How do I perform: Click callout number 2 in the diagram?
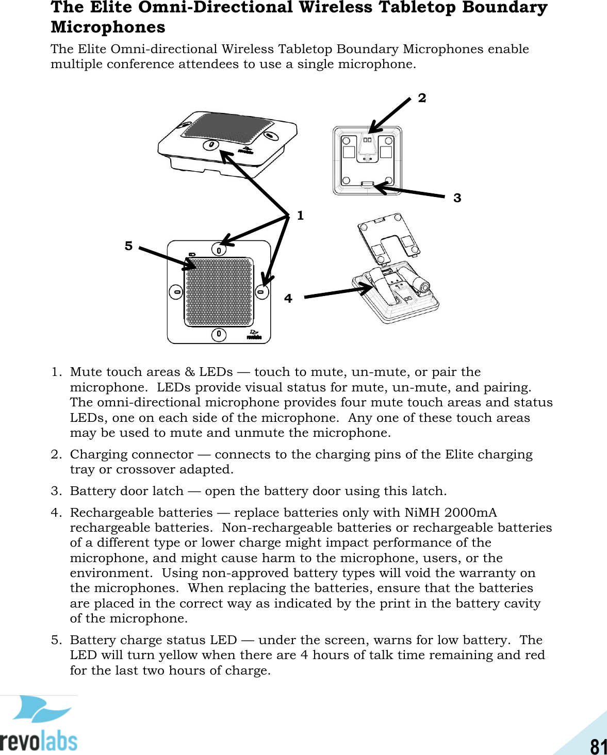tap(422, 98)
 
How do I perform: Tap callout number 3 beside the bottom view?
tap(457, 198)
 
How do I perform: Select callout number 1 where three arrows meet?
tap(300, 216)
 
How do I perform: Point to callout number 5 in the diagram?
tap(128, 246)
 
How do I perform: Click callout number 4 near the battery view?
tap(288, 299)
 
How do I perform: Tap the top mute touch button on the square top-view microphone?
tap(219, 250)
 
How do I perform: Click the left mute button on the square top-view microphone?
tap(176, 292)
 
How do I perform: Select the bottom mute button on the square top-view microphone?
tap(219, 334)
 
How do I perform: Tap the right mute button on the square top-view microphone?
tap(262, 292)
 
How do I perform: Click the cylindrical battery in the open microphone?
tap(419, 283)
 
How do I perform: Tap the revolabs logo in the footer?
tap(39, 725)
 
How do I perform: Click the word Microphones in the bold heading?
tap(108, 27)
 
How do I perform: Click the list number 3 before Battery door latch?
tap(55, 491)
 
